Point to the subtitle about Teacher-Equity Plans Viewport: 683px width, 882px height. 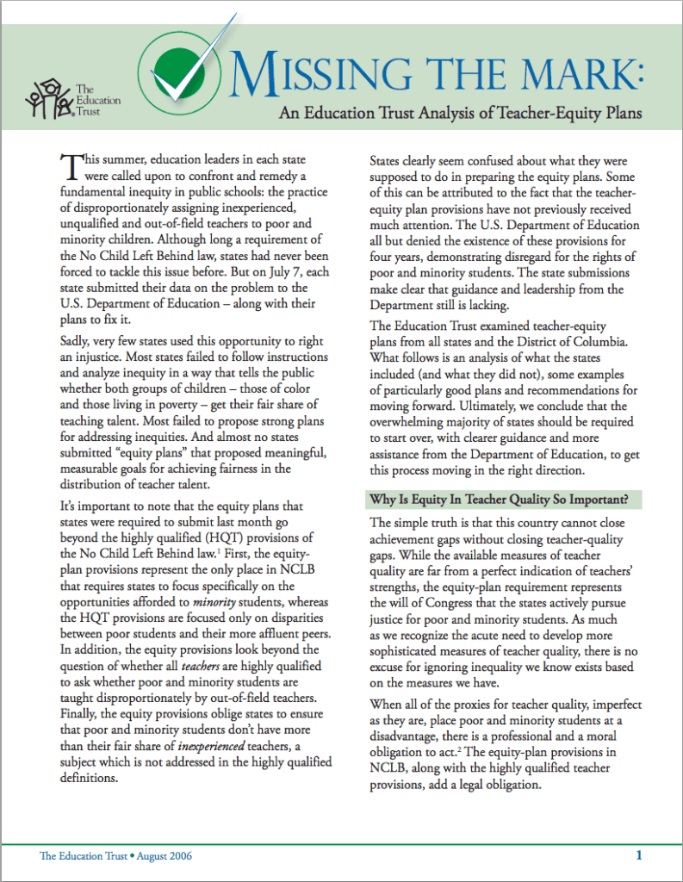pyautogui.click(x=459, y=113)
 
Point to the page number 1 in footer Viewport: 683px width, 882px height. pyautogui.click(x=639, y=855)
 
